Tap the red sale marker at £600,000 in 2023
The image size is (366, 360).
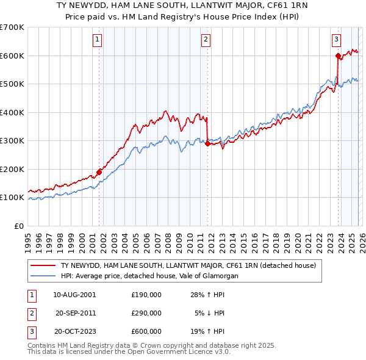pos(337,56)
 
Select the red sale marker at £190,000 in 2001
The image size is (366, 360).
pos(99,172)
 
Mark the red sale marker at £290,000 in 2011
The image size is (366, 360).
pos(207,144)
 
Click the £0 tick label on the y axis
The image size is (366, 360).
pos(18,226)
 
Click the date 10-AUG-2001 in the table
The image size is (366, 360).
pos(74,294)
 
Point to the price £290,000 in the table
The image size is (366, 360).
pos(146,313)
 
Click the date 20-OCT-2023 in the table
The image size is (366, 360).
pos(74,331)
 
